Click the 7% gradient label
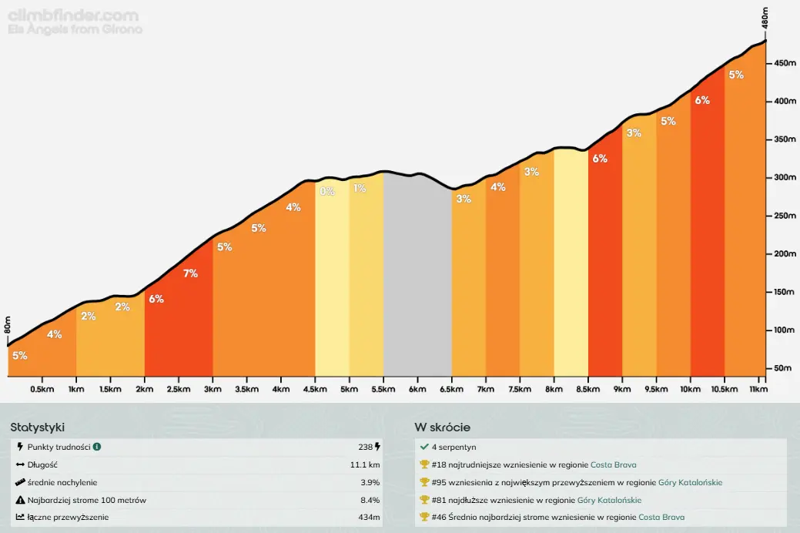point(190,273)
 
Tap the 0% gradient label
point(327,191)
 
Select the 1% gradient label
point(360,189)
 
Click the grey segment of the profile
point(417,277)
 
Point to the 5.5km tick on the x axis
point(383,389)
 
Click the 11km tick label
point(758,389)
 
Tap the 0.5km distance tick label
point(42,389)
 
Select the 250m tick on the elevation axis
point(785,216)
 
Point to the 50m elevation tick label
point(783,368)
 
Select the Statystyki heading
point(38,427)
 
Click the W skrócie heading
point(442,427)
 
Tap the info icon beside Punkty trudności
point(97,447)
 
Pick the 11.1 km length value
point(365,464)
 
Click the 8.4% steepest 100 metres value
point(370,500)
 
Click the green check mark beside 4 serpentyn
point(424,447)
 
